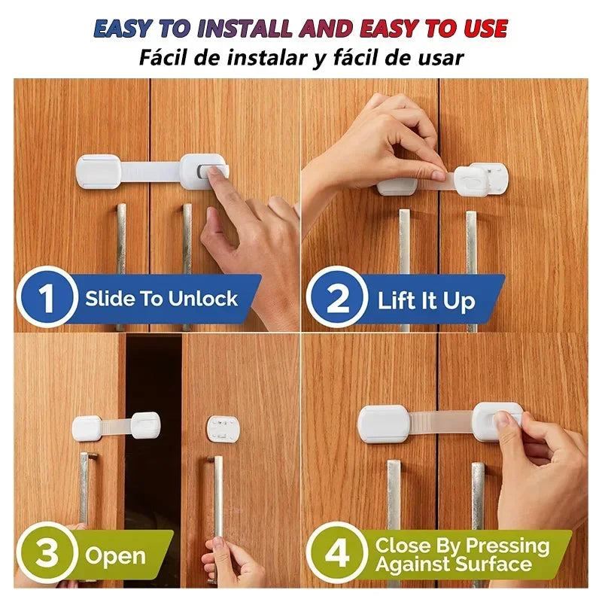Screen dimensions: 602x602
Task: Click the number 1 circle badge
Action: coord(47,298)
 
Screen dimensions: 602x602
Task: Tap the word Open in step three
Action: coord(115,557)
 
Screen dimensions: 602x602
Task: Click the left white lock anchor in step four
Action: coord(384,424)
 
